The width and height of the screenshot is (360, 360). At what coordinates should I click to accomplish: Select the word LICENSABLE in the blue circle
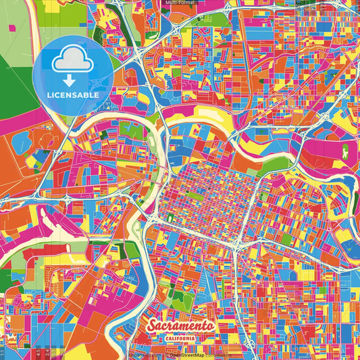[x=73, y=95]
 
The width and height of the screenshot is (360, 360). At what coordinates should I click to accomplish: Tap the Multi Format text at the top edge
[x=179, y=3]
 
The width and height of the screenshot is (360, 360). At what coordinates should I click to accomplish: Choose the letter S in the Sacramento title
[x=153, y=326]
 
